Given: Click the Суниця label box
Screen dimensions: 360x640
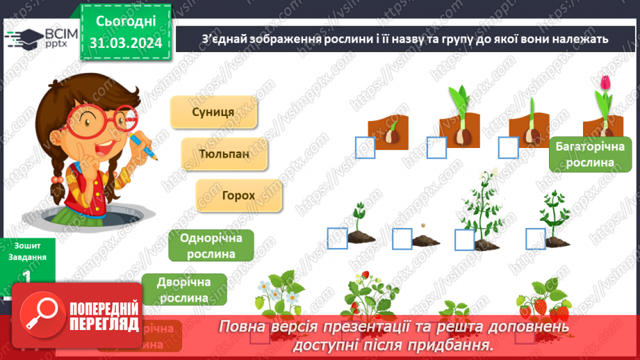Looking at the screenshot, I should tap(213, 112).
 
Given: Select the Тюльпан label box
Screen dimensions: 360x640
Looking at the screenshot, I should tap(224, 154).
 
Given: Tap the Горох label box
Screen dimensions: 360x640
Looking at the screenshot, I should tap(239, 195).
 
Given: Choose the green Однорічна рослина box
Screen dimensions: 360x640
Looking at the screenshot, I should tap(211, 245).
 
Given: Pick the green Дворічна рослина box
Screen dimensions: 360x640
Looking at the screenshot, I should tap(184, 289).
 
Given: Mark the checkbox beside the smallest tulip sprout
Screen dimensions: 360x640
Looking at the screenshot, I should tap(365, 147).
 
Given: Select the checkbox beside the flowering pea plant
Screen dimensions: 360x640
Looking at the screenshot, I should tap(464, 240).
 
